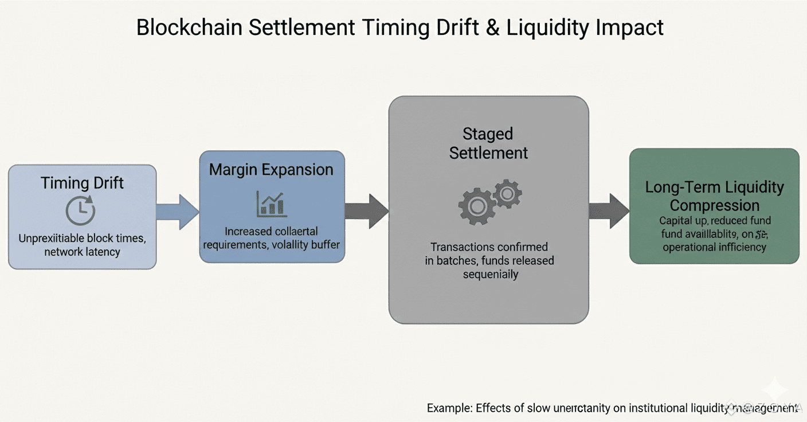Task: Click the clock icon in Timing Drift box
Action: [81, 211]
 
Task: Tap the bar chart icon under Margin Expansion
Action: [272, 203]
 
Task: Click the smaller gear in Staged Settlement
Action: [507, 194]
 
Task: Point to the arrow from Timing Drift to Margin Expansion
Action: [177, 212]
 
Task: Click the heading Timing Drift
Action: [82, 183]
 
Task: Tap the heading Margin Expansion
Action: [271, 170]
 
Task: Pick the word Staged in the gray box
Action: [488, 134]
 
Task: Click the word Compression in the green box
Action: [714, 205]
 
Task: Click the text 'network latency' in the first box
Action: [82, 252]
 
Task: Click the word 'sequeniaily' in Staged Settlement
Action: [490, 274]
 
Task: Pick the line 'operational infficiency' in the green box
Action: [714, 247]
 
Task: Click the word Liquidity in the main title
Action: [546, 28]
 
